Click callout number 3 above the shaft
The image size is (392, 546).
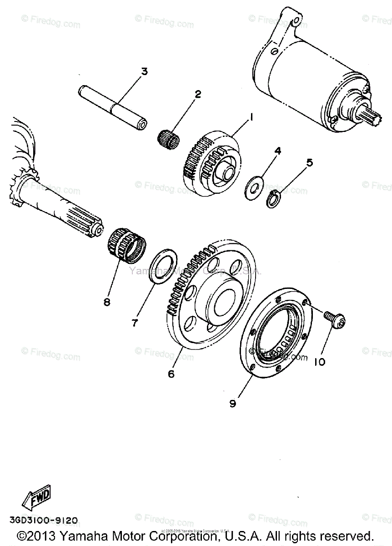point(144,71)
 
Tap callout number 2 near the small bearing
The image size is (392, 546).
point(198,95)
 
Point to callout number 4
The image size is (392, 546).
point(278,150)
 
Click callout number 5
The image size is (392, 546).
point(310,162)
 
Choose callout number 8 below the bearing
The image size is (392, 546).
point(107,302)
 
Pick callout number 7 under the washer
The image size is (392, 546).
point(135,323)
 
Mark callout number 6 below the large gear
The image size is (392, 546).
point(171,374)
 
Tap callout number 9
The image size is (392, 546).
point(232,403)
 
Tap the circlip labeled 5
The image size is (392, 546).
point(272,199)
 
